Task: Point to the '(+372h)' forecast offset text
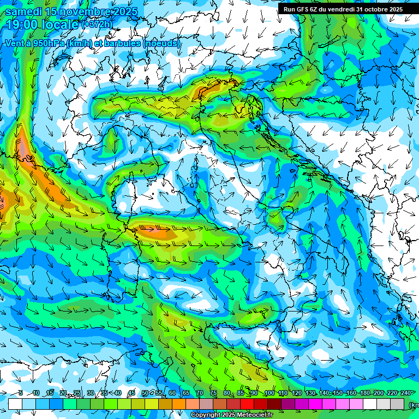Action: pos(98,25)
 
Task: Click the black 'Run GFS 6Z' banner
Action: pos(343,9)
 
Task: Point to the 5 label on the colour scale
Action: pos(20,393)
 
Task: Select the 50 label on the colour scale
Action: pos(145,393)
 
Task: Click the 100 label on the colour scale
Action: pos(269,393)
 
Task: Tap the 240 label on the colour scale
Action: pos(405,393)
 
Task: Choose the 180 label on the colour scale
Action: pos(364,393)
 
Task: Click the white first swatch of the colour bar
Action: pos(15,404)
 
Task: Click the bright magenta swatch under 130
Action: pos(315,404)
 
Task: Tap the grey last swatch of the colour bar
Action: pos(397,404)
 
